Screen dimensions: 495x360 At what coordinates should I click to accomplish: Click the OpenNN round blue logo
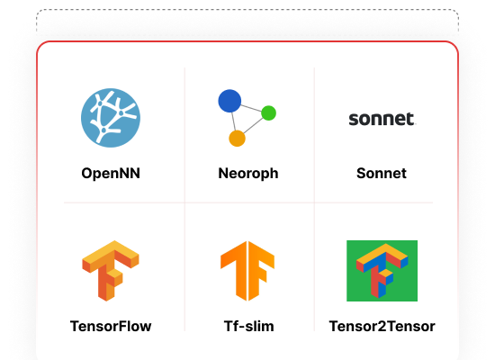pyautogui.click(x=111, y=118)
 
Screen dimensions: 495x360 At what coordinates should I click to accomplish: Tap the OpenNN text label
pyautogui.click(x=111, y=174)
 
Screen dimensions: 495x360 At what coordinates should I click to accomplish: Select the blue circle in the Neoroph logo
pyautogui.click(x=229, y=101)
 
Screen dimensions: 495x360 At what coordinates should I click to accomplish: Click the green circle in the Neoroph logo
pyautogui.click(x=269, y=113)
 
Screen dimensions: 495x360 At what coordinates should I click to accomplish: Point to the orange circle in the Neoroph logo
pyautogui.click(x=237, y=139)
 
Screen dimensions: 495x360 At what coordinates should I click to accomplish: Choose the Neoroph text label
pyautogui.click(x=248, y=174)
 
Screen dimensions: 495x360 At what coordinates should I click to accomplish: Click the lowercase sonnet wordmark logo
pyautogui.click(x=382, y=119)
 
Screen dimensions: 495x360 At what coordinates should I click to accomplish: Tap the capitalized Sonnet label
pyautogui.click(x=382, y=174)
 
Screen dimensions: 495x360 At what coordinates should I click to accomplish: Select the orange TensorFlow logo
pyautogui.click(x=111, y=271)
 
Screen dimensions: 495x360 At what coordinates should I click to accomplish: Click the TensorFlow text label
pyautogui.click(x=111, y=326)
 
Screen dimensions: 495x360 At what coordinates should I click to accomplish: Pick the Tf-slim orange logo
pyautogui.click(x=247, y=271)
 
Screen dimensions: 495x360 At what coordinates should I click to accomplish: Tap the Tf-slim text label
pyautogui.click(x=248, y=326)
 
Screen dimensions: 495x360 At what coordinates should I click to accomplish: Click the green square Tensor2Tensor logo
pyautogui.click(x=382, y=271)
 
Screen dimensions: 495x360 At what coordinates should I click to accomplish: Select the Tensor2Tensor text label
pyautogui.click(x=382, y=326)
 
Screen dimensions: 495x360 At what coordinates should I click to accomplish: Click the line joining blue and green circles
pyautogui.click(x=251, y=108)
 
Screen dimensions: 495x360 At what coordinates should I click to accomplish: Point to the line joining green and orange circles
pyautogui.click(x=253, y=126)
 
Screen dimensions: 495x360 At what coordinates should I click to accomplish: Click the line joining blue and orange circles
pyautogui.click(x=234, y=121)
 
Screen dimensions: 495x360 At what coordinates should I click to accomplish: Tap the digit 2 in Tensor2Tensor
pyautogui.click(x=382, y=326)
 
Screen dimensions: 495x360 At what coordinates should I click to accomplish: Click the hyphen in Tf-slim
pyautogui.click(x=242, y=328)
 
